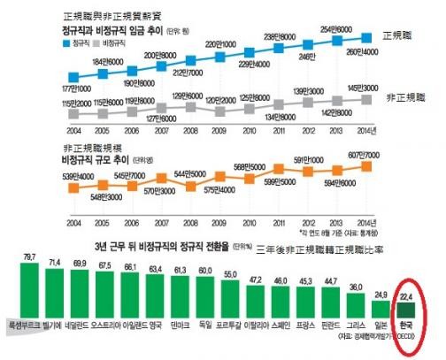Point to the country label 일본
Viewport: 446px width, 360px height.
coord(383,325)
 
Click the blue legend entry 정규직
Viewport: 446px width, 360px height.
coord(85,42)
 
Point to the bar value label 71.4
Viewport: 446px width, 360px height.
coord(55,264)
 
